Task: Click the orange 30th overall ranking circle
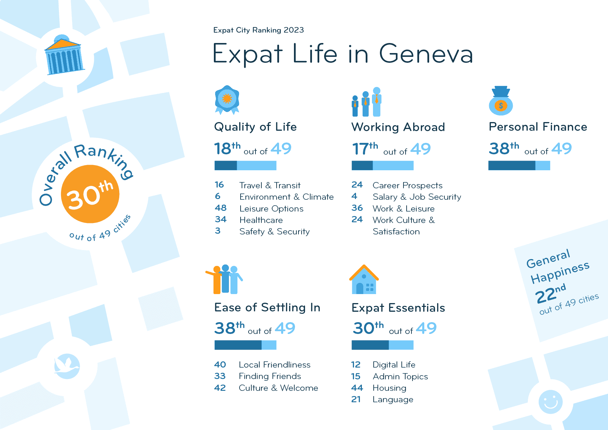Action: (x=90, y=194)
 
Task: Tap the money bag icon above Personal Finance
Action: (x=501, y=101)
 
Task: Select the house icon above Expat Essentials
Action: (x=364, y=280)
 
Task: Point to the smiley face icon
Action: (x=550, y=402)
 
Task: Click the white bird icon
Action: (x=67, y=366)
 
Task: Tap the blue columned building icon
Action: (x=64, y=56)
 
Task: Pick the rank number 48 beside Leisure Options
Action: (x=220, y=208)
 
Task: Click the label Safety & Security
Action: (x=274, y=232)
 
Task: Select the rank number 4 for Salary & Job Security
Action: (x=354, y=196)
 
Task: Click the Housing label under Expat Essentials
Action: (x=389, y=388)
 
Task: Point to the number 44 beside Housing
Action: (x=357, y=388)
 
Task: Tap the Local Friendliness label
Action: (x=275, y=365)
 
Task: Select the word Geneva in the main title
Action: (x=426, y=54)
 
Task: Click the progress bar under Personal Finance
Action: (x=519, y=166)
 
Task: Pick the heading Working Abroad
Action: (x=398, y=127)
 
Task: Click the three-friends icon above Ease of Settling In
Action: (x=224, y=279)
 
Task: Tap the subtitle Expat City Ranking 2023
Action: (x=259, y=30)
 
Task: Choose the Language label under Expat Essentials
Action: (x=393, y=399)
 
